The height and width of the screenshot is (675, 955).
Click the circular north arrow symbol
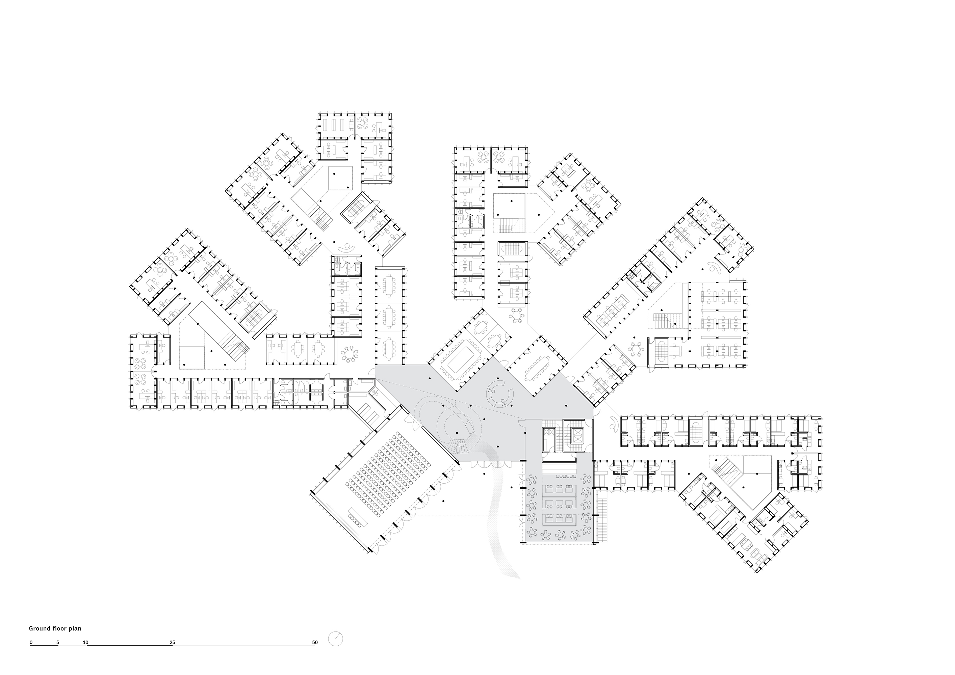click(x=335, y=639)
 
